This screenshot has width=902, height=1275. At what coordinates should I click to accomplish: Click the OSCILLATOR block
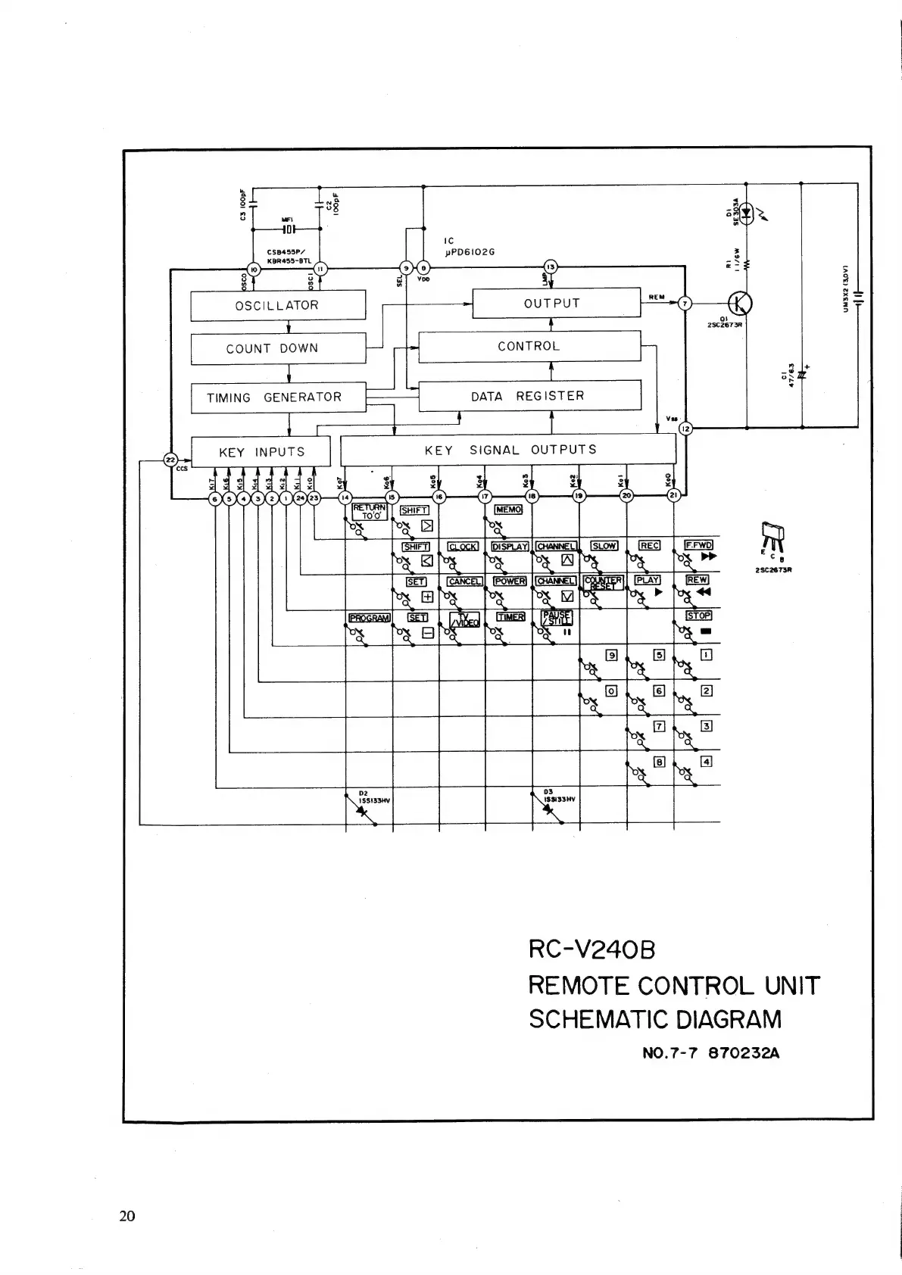coord(277,305)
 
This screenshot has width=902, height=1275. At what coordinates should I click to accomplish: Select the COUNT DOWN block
coord(277,348)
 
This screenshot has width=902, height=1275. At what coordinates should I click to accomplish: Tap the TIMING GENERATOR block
coord(277,397)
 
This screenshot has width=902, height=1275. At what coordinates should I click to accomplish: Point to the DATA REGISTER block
coord(529,395)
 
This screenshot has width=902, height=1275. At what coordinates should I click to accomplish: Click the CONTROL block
coord(529,346)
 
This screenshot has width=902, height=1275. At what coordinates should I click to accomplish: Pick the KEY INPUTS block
coord(261,452)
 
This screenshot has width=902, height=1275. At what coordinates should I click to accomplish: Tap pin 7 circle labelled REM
coord(685,304)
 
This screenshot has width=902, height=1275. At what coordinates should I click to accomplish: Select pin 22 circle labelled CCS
coord(170,459)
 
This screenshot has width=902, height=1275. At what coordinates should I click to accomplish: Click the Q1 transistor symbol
coord(739,304)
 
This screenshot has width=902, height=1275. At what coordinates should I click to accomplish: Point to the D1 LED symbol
coord(747,213)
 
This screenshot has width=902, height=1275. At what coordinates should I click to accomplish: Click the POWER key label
coord(510,581)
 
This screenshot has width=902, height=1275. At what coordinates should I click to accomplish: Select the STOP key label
coord(698,616)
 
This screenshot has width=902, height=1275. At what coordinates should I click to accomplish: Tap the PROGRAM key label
coord(369,618)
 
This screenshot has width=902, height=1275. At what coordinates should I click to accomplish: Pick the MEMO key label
coord(508,510)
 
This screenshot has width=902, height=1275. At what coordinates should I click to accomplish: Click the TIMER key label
coord(510,617)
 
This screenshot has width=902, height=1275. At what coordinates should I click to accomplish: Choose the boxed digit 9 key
coord(611,655)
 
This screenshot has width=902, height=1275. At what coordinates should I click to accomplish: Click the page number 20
coord(127,1216)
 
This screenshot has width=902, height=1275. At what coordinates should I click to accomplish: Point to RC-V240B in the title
coord(591,949)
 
